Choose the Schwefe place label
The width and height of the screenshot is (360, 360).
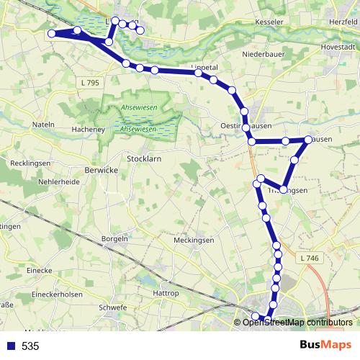(x=115, y=307)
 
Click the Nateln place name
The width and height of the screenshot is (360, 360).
(x=44, y=125)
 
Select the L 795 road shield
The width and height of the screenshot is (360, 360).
(x=91, y=83)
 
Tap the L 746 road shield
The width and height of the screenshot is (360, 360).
(x=307, y=258)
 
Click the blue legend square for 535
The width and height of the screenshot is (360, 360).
(x=11, y=346)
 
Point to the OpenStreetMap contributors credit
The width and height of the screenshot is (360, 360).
(x=297, y=322)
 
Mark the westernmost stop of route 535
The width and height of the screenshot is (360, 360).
(x=51, y=34)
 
